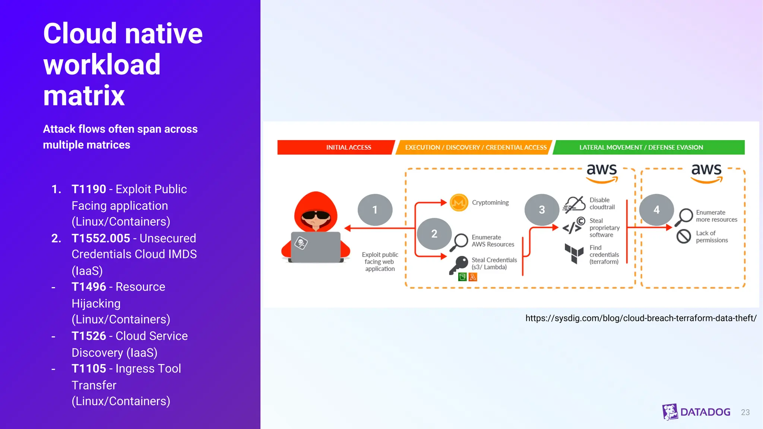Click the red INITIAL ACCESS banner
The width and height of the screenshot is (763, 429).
point(335,147)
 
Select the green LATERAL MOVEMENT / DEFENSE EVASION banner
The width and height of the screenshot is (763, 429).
point(648,147)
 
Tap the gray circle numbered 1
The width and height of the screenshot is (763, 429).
point(375,210)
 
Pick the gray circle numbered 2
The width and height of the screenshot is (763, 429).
point(434,234)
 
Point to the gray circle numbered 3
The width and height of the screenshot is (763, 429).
point(542,210)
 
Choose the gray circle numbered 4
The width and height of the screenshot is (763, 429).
point(656,210)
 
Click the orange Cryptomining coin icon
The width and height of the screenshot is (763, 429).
point(459,203)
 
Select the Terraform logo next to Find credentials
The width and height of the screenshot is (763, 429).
point(574,254)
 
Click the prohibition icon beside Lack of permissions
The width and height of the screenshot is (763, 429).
point(684,236)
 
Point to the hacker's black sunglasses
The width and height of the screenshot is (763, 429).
point(316,215)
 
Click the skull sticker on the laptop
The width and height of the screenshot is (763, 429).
point(301,243)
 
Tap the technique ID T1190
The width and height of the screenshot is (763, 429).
point(89,189)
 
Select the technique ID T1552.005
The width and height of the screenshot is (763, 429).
point(101,238)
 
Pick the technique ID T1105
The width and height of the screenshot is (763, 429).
point(89,369)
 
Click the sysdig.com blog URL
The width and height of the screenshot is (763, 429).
point(641,318)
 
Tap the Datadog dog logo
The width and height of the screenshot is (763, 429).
point(670,412)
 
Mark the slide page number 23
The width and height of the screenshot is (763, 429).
point(745,412)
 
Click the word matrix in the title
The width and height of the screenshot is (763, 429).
point(84,96)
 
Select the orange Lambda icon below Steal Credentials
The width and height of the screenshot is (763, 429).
point(473,277)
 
